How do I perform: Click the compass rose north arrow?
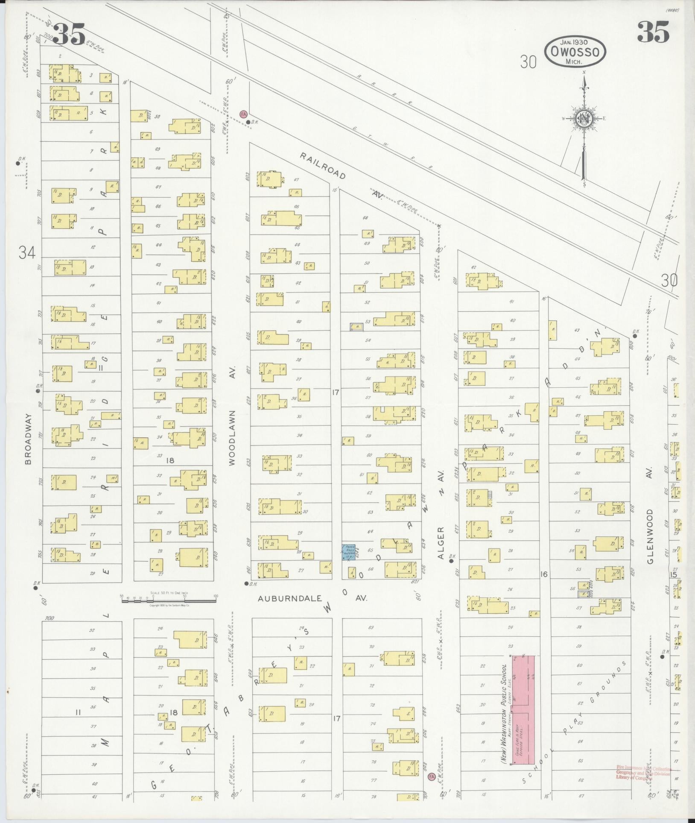[583, 119]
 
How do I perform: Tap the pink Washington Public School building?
[523, 709]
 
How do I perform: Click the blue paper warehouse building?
[348, 552]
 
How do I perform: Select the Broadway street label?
[28, 439]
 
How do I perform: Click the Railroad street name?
[322, 166]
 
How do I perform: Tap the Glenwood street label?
[650, 536]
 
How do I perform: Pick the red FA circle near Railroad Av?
[244, 114]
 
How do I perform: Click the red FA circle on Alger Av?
[431, 776]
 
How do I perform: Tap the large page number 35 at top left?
[69, 34]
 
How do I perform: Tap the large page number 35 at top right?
[653, 32]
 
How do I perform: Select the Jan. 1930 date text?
[574, 42]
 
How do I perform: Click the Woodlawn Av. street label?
[232, 438]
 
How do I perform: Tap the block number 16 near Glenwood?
[543, 574]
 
